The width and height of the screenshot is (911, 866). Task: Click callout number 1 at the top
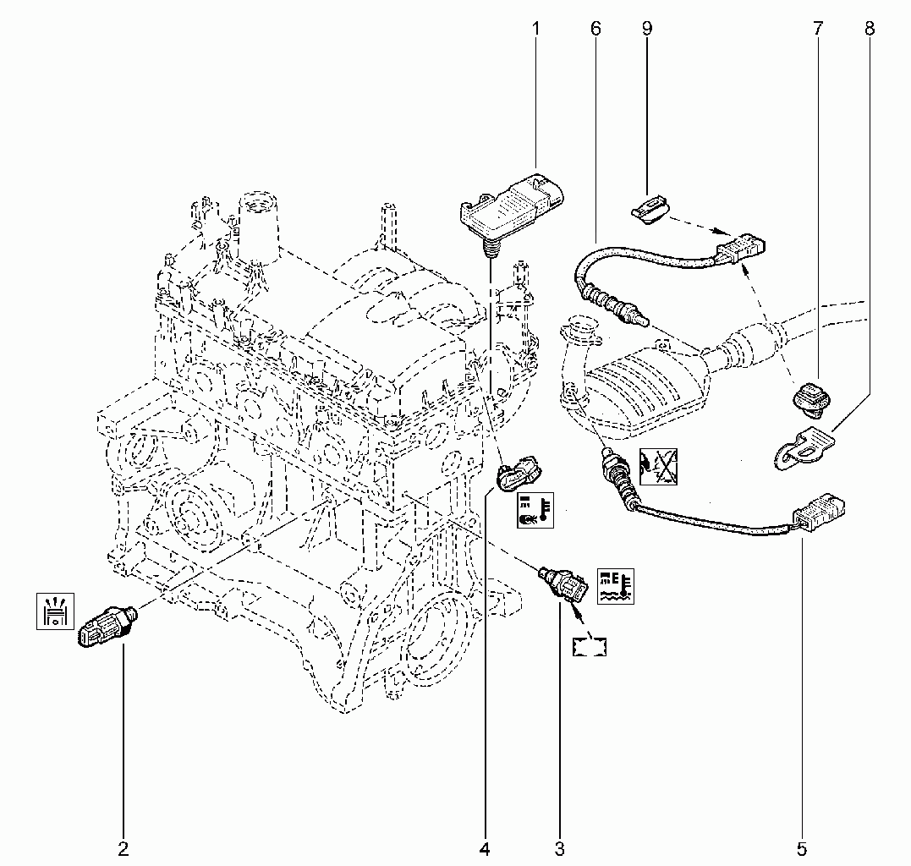[x=535, y=29]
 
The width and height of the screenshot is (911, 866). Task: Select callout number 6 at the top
[x=596, y=29]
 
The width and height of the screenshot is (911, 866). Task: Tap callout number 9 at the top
[x=647, y=29]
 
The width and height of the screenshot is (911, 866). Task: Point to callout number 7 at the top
[x=818, y=29]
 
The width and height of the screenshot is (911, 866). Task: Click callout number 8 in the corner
[x=870, y=29]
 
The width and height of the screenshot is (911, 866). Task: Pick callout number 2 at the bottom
[x=123, y=849]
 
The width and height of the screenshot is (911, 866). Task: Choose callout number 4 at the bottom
[x=485, y=849]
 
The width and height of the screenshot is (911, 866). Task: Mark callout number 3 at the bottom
[x=559, y=849]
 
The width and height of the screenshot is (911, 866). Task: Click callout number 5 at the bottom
[x=802, y=849]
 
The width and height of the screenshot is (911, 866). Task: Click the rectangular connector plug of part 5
[x=819, y=511]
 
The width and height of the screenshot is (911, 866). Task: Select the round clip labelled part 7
[x=812, y=400]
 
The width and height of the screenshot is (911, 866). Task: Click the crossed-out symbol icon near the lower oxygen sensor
[x=658, y=466]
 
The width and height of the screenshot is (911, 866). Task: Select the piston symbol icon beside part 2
[x=55, y=611]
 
